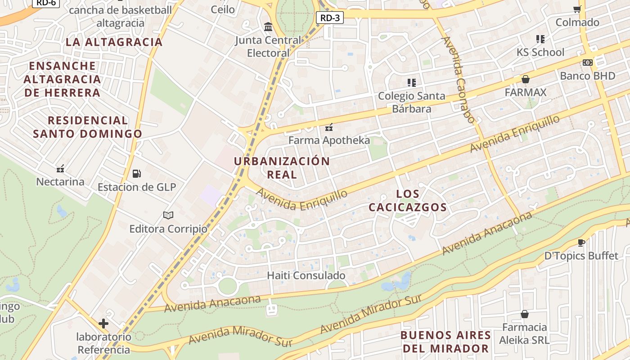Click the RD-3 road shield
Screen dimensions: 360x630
tap(330, 18)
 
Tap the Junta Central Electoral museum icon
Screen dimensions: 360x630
tap(269, 27)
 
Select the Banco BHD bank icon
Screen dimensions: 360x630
tap(588, 63)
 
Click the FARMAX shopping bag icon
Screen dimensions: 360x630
tap(525, 79)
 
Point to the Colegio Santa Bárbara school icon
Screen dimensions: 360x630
tap(411, 82)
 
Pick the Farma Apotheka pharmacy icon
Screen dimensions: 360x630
tap(329, 127)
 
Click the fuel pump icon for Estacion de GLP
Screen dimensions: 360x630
tap(136, 173)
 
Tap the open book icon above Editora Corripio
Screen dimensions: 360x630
tap(168, 216)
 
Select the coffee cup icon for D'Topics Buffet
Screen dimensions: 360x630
tap(581, 243)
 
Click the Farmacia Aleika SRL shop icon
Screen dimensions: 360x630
tap(524, 314)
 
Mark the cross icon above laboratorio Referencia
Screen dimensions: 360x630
tap(103, 323)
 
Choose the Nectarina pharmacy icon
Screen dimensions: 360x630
tap(60, 169)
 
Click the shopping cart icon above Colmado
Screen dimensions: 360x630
tap(577, 9)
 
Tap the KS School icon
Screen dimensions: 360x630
tap(540, 39)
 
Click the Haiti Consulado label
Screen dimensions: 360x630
tap(306, 275)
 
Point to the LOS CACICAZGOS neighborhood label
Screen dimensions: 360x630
tap(408, 201)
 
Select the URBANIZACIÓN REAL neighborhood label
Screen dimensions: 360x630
tap(282, 168)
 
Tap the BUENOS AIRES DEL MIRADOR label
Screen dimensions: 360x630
tap(445, 342)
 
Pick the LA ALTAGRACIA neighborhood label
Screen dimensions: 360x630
tap(114, 42)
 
